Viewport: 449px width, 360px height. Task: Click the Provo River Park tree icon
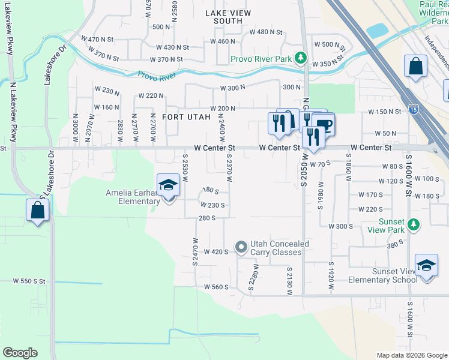click(301, 59)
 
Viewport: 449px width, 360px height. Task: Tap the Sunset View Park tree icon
click(412, 225)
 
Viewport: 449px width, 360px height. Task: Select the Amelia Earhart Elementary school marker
click(169, 186)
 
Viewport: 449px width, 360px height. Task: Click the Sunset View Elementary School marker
click(426, 266)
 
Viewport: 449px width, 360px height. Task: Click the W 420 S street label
click(217, 251)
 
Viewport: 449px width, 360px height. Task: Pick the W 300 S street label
click(340, 226)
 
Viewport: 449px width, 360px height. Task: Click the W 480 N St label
click(266, 31)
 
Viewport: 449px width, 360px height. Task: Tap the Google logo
click(20, 352)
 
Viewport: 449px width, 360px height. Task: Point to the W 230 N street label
click(107, 91)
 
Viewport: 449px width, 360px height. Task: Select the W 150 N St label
click(384, 112)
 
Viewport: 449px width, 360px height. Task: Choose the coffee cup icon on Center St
click(324, 125)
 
